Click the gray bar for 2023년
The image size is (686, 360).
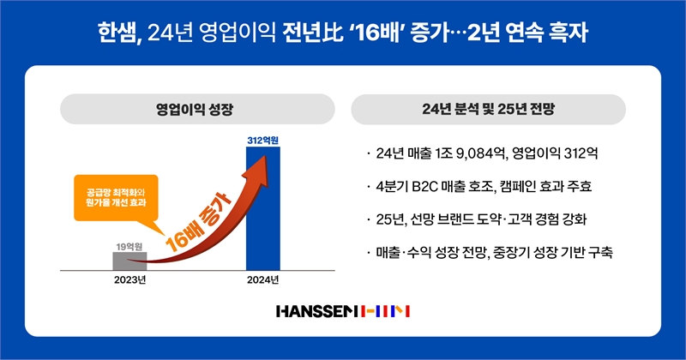pyautogui.click(x=130, y=261)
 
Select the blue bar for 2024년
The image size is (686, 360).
pyautogui.click(x=263, y=208)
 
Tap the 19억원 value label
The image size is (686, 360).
pyautogui.click(x=129, y=247)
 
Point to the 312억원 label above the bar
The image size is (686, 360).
pyautogui.click(x=263, y=141)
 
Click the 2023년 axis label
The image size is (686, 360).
pyautogui.click(x=130, y=280)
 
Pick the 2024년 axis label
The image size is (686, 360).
pyautogui.click(x=263, y=280)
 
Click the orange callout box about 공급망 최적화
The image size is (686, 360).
pyautogui.click(x=116, y=198)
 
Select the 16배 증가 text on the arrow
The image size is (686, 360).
pyautogui.click(x=199, y=222)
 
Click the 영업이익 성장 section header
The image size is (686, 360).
pyautogui.click(x=196, y=109)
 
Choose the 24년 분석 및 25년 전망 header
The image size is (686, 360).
pyautogui.click(x=488, y=109)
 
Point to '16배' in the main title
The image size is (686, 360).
pyautogui.click(x=377, y=33)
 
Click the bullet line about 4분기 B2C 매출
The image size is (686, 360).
pyautogui.click(x=479, y=186)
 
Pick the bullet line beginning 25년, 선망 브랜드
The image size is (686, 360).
pyautogui.click(x=477, y=219)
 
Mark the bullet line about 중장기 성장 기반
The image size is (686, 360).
pyautogui.click(x=490, y=252)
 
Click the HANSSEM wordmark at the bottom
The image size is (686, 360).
pyautogui.click(x=318, y=311)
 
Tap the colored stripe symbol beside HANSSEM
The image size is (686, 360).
pyautogui.click(x=385, y=311)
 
